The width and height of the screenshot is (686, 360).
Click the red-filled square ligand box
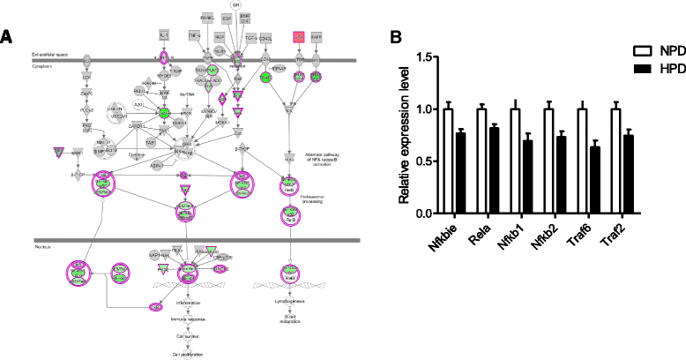(300, 37)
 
